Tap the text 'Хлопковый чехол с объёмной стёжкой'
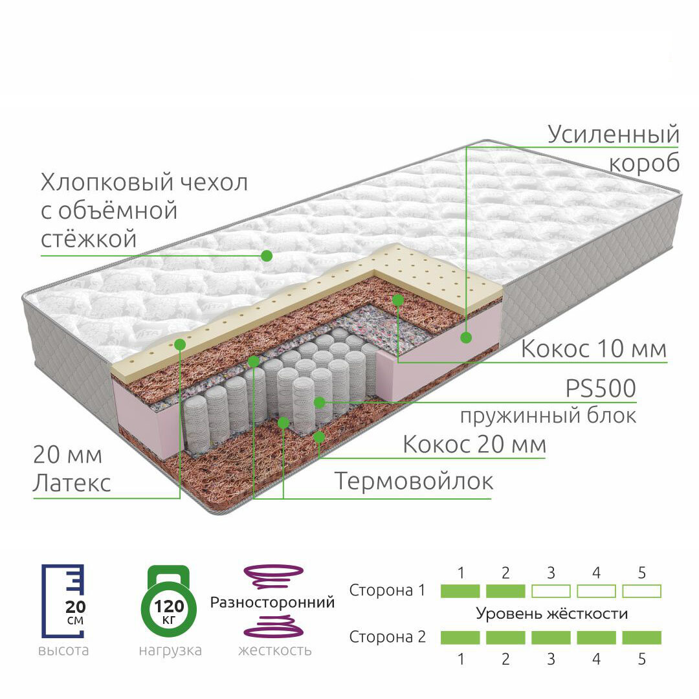(x=144, y=210)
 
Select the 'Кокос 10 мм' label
(x=594, y=349)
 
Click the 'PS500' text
(x=601, y=389)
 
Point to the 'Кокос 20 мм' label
(x=474, y=445)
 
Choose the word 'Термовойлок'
(x=414, y=481)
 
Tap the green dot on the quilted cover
(x=267, y=256)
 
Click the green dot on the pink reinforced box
(x=466, y=337)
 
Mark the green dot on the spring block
(x=319, y=403)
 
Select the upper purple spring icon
(x=273, y=575)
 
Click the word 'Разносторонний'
(x=272, y=603)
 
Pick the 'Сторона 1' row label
(x=387, y=591)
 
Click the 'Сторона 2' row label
(x=387, y=637)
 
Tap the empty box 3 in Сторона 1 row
(x=551, y=591)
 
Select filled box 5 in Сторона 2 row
(x=641, y=638)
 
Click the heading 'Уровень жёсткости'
(x=551, y=614)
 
